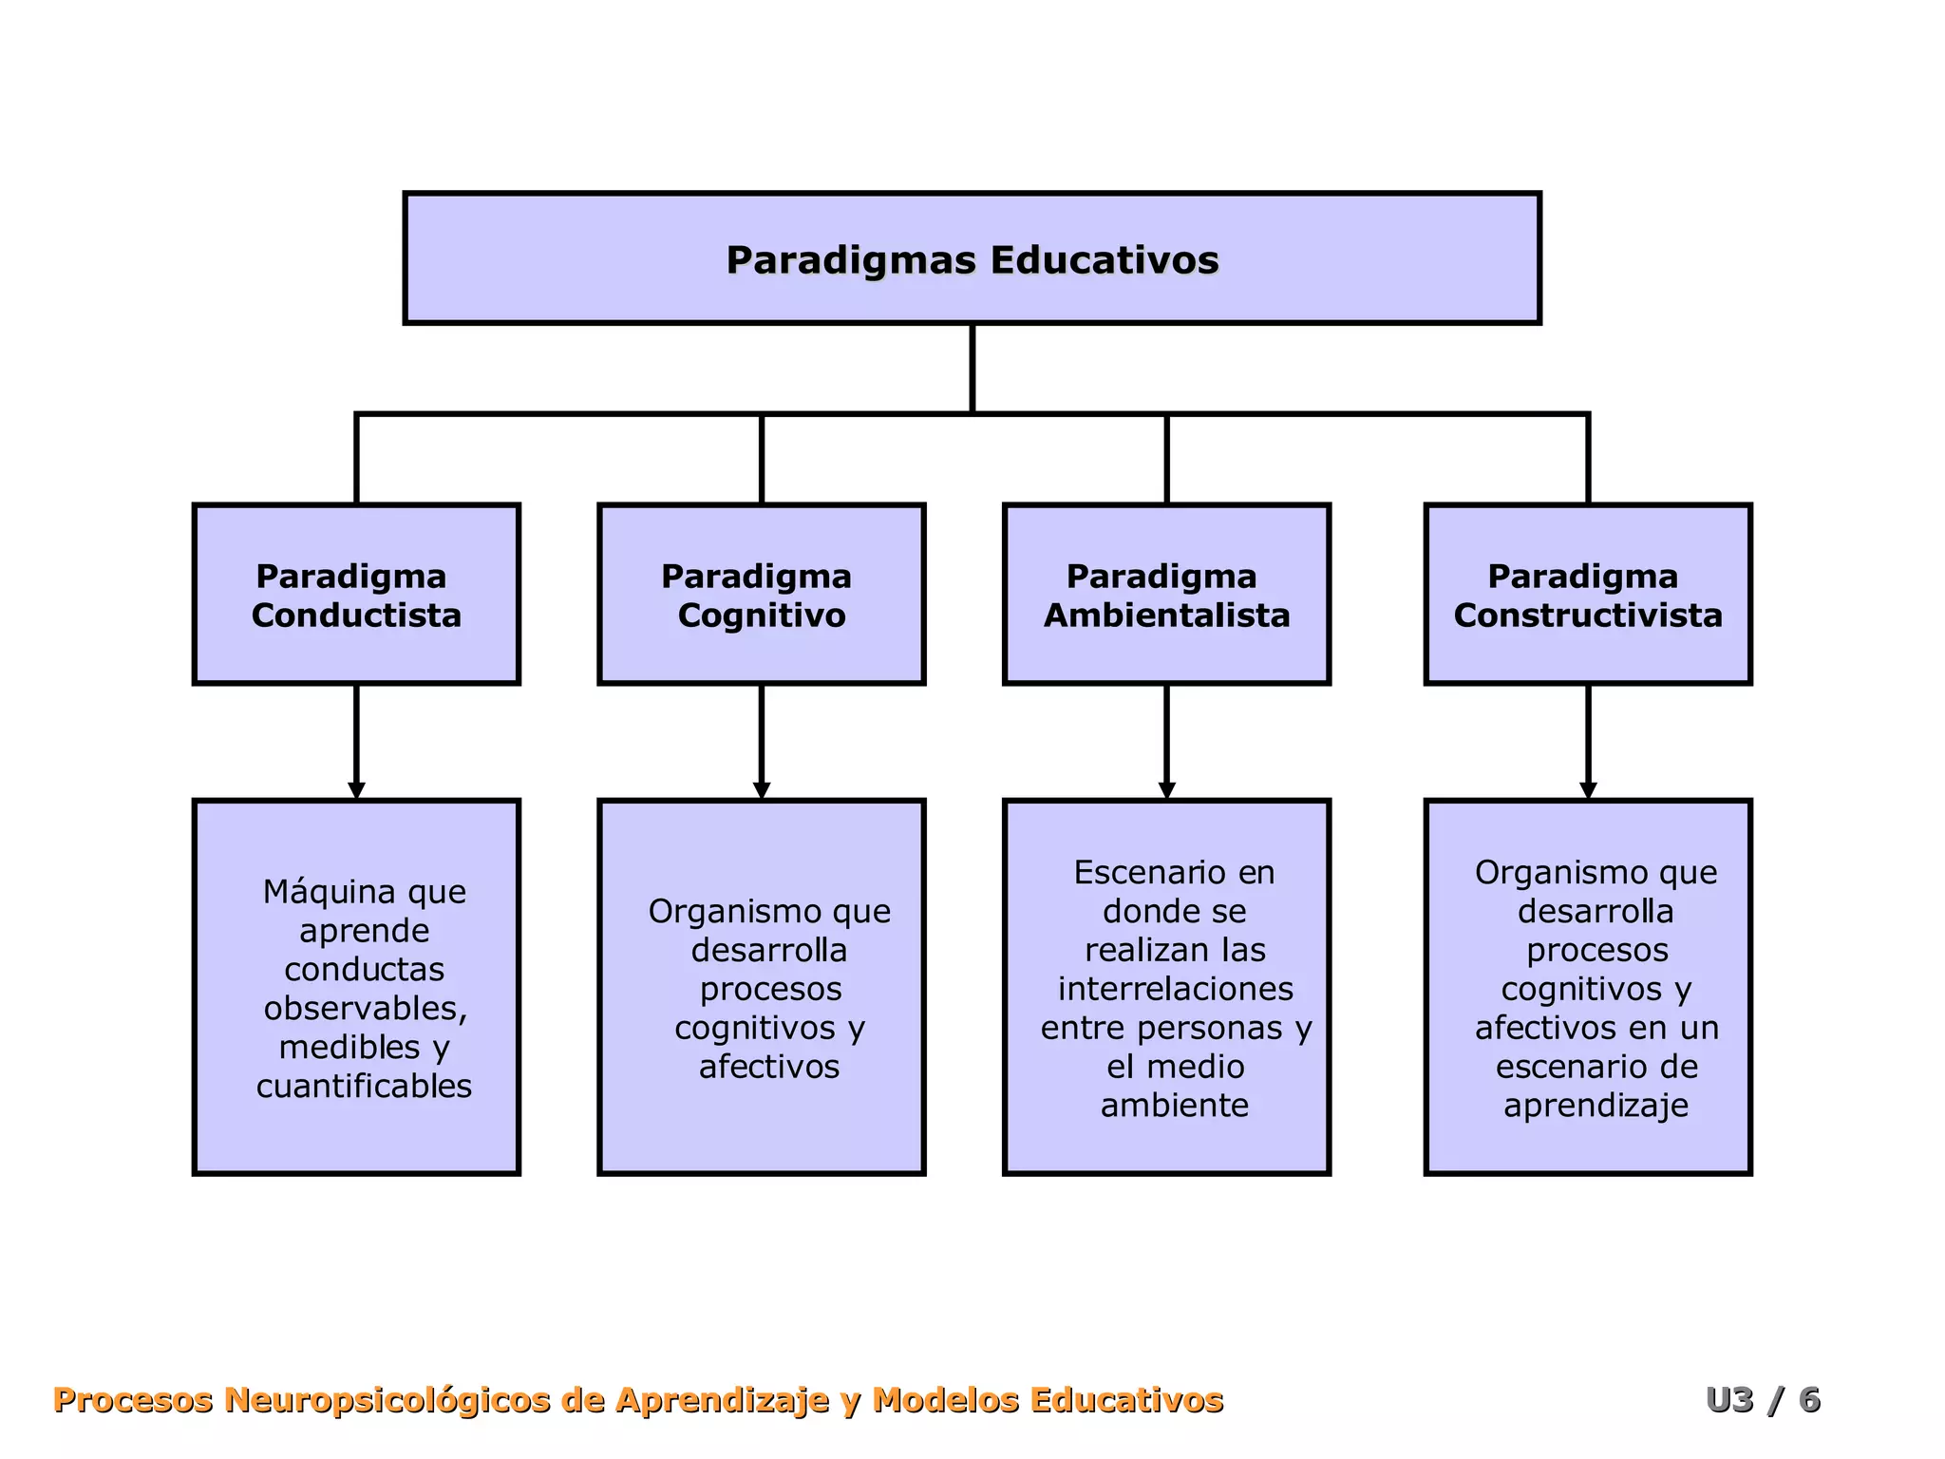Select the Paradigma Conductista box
pos(356,594)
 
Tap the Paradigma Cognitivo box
pos(761,594)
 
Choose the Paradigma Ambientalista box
pos(1166,594)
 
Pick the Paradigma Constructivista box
pos(1587,594)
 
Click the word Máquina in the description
pos(319,892)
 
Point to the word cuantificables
pos(364,1086)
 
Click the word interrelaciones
pos(1175,989)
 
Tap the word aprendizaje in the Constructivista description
pos(1596,1106)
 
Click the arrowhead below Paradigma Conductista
pos(356,790)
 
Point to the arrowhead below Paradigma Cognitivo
pos(761,790)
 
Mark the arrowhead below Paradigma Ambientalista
pos(1166,790)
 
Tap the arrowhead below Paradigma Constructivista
pos(1587,790)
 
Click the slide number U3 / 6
pos(1763,1400)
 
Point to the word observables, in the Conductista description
pos(366,1008)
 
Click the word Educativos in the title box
pos(1105,260)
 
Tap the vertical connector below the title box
pos(972,369)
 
